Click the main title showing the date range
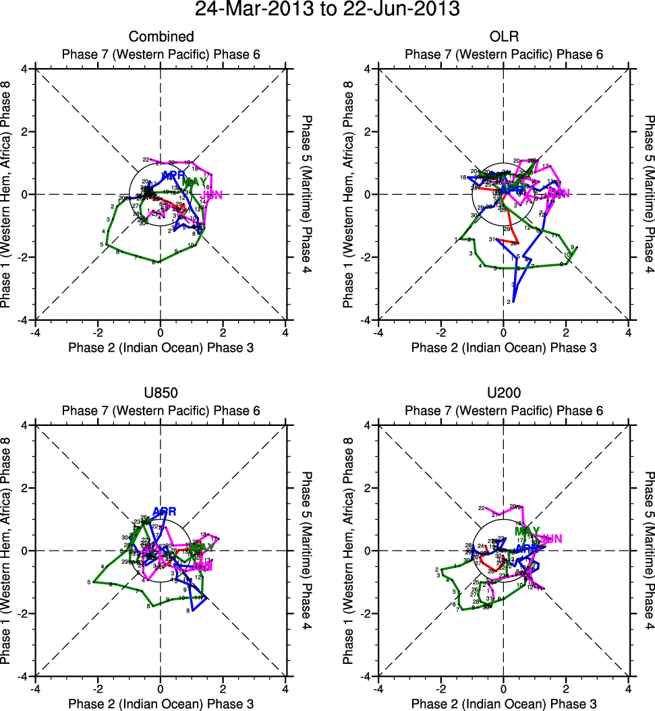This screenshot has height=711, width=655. point(327,9)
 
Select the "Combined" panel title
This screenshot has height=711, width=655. point(161,36)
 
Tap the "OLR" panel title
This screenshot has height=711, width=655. point(503,36)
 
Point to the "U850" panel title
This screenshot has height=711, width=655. point(161,393)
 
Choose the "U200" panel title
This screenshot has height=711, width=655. point(503,393)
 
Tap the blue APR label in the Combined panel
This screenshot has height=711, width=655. point(173,176)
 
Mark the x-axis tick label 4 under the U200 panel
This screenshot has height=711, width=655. point(628,689)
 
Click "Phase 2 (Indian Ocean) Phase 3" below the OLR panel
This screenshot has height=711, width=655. point(503,348)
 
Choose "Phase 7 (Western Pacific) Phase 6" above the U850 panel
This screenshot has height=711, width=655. point(161,410)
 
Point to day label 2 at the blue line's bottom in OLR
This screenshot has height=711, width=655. point(508,302)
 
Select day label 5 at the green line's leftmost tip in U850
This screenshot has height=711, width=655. point(88,582)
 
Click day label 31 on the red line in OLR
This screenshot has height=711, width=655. point(492,240)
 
